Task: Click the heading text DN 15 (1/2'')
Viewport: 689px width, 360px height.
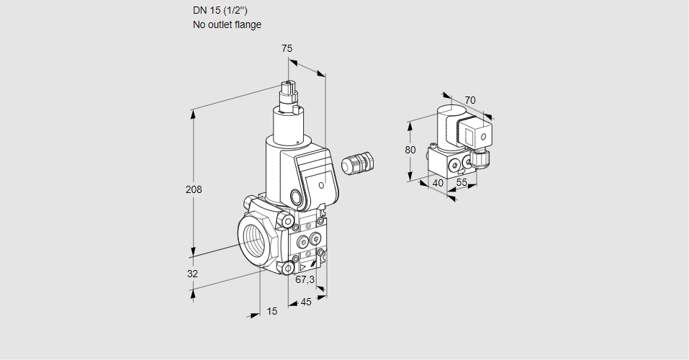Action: point(220,11)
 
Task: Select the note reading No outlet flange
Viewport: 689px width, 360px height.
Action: point(227,24)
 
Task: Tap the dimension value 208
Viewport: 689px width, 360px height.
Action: point(194,189)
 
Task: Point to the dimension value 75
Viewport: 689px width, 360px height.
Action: point(287,48)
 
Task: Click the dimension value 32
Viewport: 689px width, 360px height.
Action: point(192,274)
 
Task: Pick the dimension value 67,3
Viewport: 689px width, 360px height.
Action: point(305,279)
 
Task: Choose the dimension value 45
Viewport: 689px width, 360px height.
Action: point(306,302)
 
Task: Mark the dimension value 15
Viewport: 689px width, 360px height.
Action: point(272,311)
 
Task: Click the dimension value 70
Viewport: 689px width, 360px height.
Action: point(470,100)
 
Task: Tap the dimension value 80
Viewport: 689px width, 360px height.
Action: point(410,150)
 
